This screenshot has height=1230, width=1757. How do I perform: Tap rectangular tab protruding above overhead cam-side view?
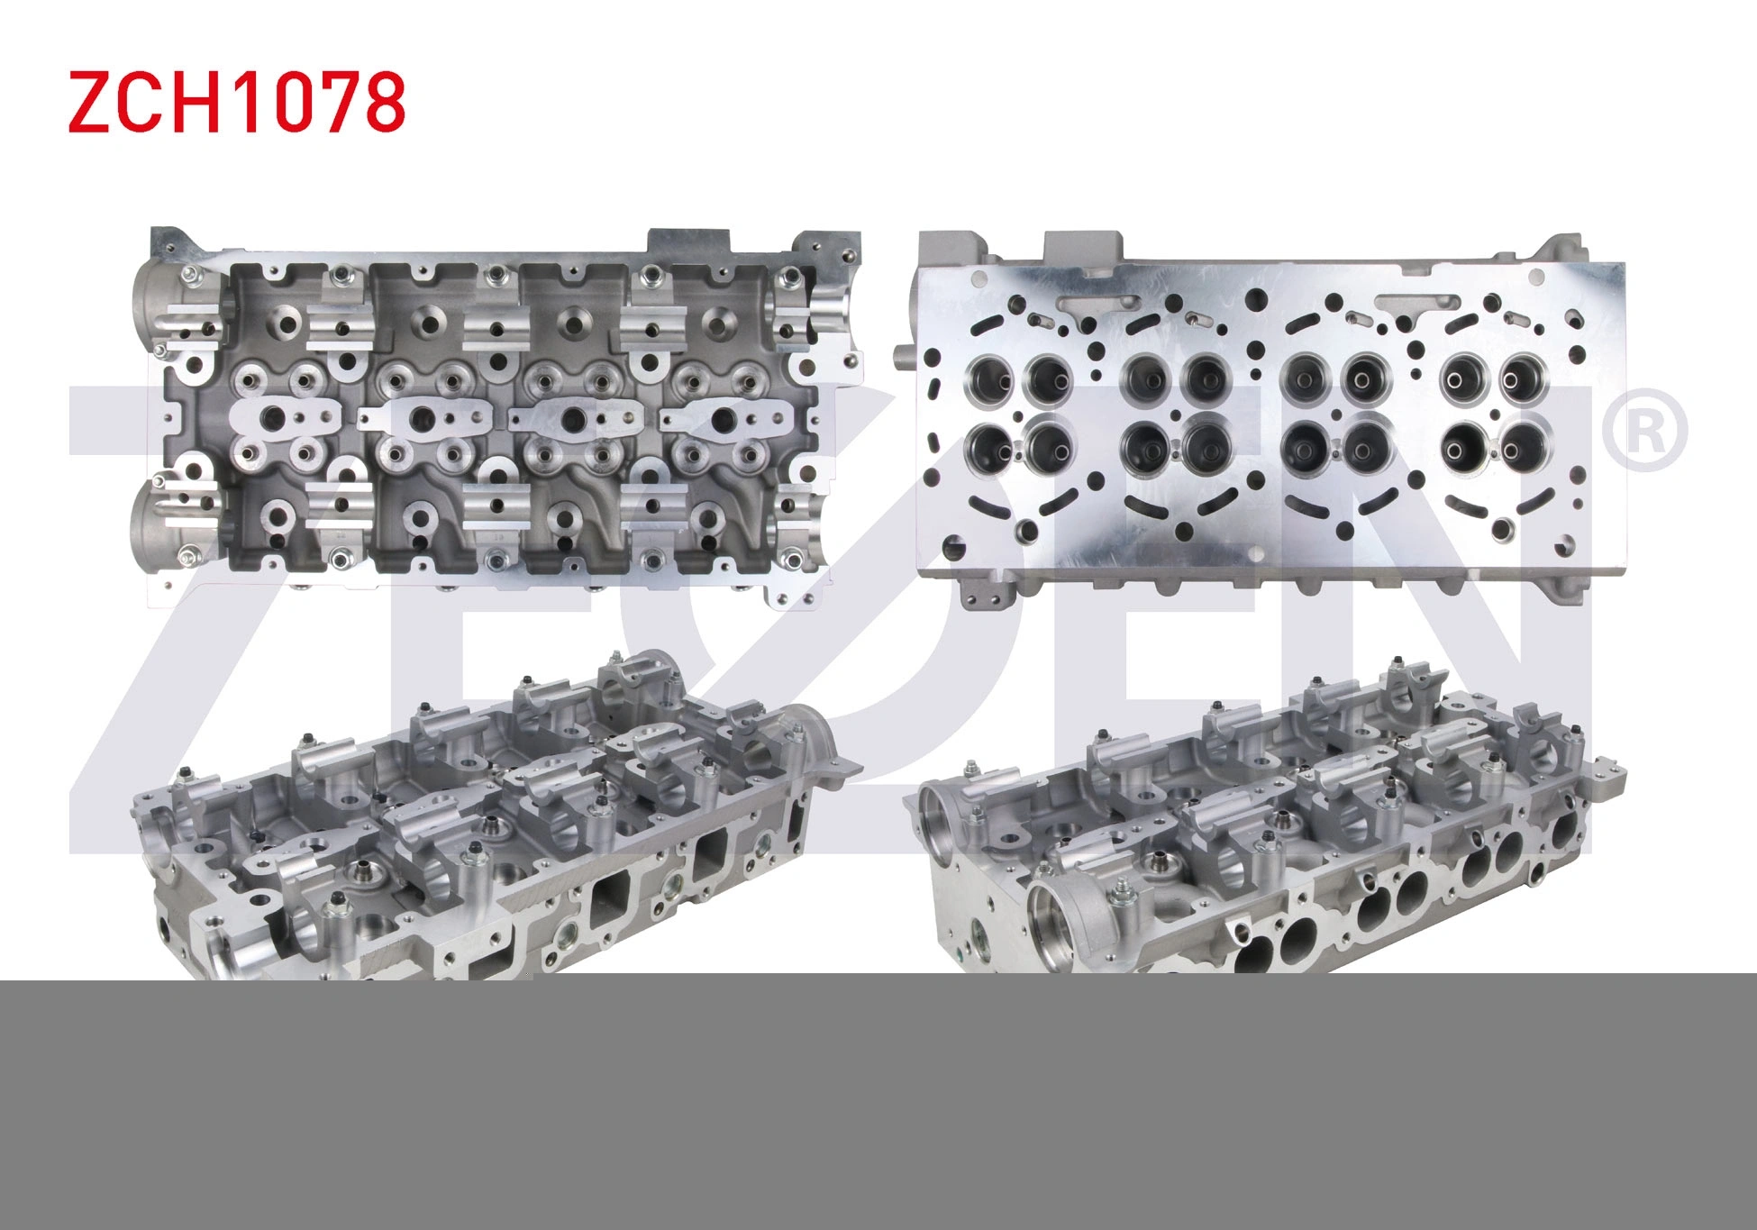[687, 244]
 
